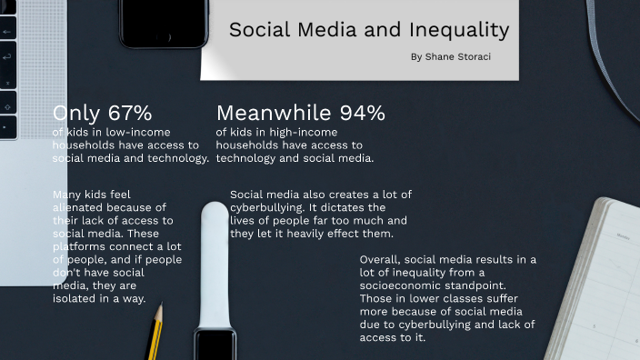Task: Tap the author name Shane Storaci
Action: tap(460, 56)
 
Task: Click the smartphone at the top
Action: tap(164, 23)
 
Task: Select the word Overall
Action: tap(382, 259)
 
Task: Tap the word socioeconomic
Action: tap(401, 285)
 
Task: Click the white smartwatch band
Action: tap(215, 264)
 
